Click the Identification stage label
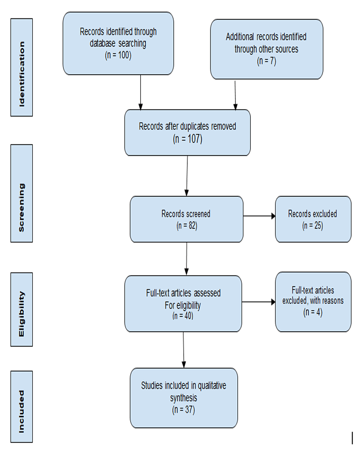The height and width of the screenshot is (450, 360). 22,68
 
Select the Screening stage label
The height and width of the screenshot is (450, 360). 22,193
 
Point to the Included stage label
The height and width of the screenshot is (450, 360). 22,407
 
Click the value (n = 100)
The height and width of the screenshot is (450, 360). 118,55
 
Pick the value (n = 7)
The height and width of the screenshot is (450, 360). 267,61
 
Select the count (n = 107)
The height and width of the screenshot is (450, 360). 187,139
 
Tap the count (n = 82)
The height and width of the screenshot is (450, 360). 187,226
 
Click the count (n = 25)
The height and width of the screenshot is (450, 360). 313,226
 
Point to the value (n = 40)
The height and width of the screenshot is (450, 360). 183,316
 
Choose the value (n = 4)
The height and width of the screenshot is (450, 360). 313,312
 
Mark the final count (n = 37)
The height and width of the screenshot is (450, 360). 183,409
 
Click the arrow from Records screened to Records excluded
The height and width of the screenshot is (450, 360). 259,216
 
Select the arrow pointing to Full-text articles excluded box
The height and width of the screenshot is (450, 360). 258,302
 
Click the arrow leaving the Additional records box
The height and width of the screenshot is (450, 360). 235,95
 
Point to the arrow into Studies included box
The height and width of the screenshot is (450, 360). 183,349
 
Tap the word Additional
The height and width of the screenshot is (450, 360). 240,37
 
